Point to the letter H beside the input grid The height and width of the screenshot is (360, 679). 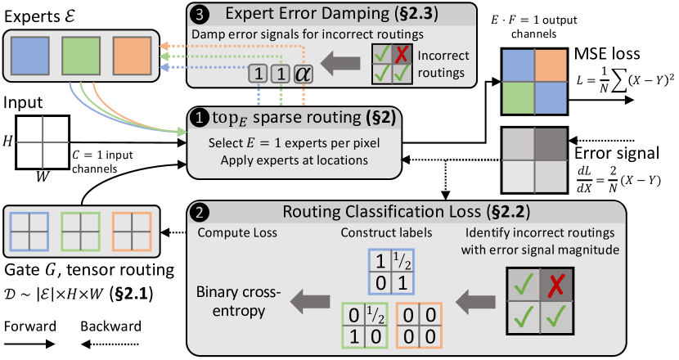(7, 142)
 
